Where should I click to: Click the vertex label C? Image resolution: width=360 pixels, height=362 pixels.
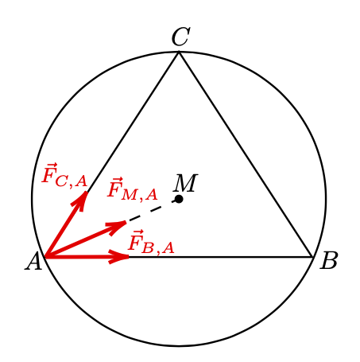click(x=180, y=37)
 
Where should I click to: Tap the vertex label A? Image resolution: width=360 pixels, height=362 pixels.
click(x=33, y=261)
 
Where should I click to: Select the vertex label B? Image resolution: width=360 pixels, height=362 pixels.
click(x=329, y=261)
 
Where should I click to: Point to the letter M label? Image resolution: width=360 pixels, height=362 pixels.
click(x=185, y=183)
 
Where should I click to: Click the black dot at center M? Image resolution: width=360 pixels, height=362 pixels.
click(x=179, y=199)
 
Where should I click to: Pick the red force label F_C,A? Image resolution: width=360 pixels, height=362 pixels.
click(x=64, y=175)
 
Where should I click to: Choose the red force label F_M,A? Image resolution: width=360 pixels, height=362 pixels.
click(x=133, y=189)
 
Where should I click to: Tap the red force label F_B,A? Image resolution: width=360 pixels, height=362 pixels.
click(x=151, y=242)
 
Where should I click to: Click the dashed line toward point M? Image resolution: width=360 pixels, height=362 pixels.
click(x=151, y=210)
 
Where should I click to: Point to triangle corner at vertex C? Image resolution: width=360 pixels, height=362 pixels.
click(x=179, y=52)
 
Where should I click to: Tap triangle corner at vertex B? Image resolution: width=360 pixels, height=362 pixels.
click(x=312, y=257)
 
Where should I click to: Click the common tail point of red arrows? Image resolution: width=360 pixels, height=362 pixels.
click(x=46, y=257)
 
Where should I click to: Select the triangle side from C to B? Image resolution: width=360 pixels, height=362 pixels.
click(x=246, y=154)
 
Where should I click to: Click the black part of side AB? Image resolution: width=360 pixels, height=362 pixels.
click(x=220, y=257)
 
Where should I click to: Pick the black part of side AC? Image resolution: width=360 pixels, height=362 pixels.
click(x=134, y=122)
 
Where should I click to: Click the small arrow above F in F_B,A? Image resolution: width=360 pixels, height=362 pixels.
click(x=134, y=232)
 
